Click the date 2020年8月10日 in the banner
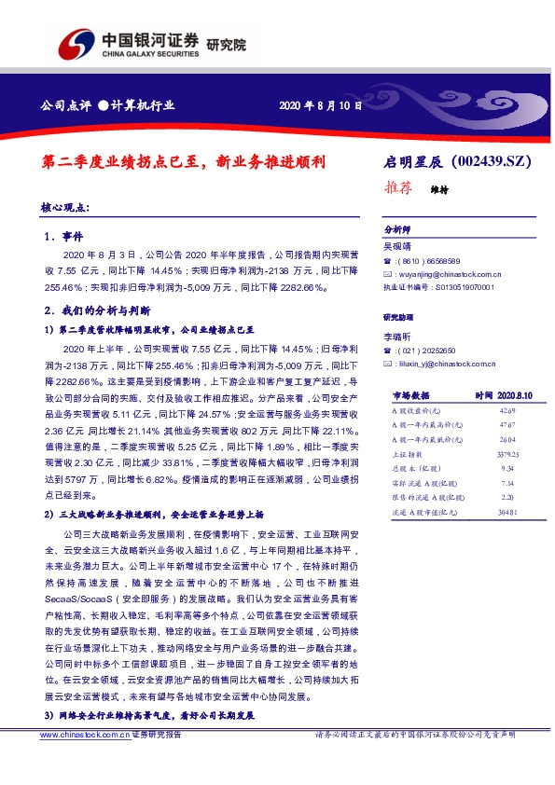click(320, 105)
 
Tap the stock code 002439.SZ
click(494, 161)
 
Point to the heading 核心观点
click(65, 207)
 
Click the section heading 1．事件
click(64, 238)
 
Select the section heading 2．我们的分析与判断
click(97, 309)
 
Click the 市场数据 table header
click(410, 396)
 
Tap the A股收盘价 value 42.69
click(507, 410)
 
